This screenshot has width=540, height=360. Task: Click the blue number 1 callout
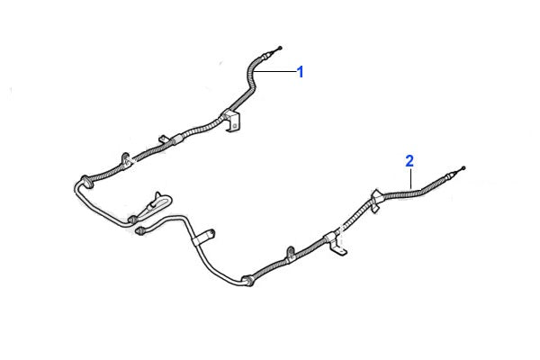(301, 72)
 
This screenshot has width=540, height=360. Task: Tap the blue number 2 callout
(409, 161)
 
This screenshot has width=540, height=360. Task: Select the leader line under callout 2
(410, 178)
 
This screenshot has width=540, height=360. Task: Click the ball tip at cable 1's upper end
(282, 46)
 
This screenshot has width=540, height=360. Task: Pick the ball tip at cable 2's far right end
(463, 169)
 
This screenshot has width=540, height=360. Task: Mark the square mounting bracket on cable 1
(233, 122)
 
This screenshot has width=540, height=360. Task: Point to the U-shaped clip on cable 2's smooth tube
(204, 237)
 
